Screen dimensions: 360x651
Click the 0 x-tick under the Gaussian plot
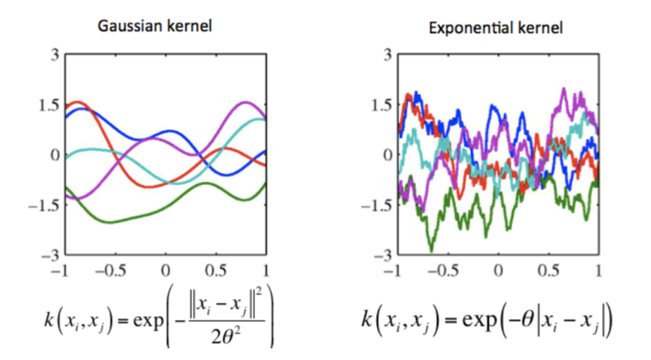click(x=166, y=269)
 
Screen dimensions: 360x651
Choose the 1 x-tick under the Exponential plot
click(x=598, y=269)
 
